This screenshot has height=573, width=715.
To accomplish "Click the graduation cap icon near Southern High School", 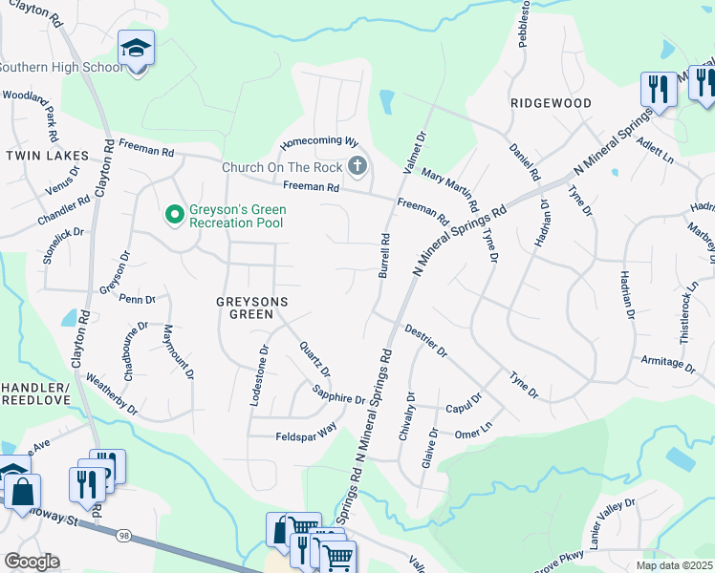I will pos(136,49).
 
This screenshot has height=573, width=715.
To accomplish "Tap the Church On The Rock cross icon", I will pos(357,167).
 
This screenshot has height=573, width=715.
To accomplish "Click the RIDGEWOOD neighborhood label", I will pos(551,102).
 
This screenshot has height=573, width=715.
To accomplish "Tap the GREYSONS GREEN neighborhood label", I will pos(250,301).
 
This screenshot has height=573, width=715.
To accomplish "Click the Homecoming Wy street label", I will pos(317,143).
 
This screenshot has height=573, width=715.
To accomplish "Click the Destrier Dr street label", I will pos(425,339).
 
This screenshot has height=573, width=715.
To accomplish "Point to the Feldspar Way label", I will pos(306,432).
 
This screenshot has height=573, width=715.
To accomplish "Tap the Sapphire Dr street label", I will pos(339,393).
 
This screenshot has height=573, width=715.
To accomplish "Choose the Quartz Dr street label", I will pos(314,359).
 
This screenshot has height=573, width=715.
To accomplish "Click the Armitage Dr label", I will pos(667,363).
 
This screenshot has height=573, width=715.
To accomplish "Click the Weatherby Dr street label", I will pos(112,393).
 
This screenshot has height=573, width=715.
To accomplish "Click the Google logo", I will pos(32,562).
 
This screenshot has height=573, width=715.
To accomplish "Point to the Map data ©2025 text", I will pos(675,565).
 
